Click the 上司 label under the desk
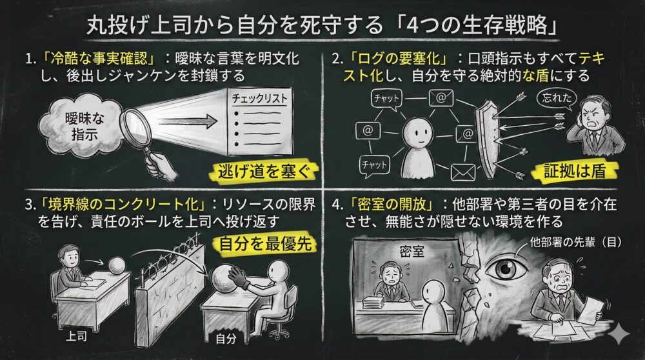coord(77,337)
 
